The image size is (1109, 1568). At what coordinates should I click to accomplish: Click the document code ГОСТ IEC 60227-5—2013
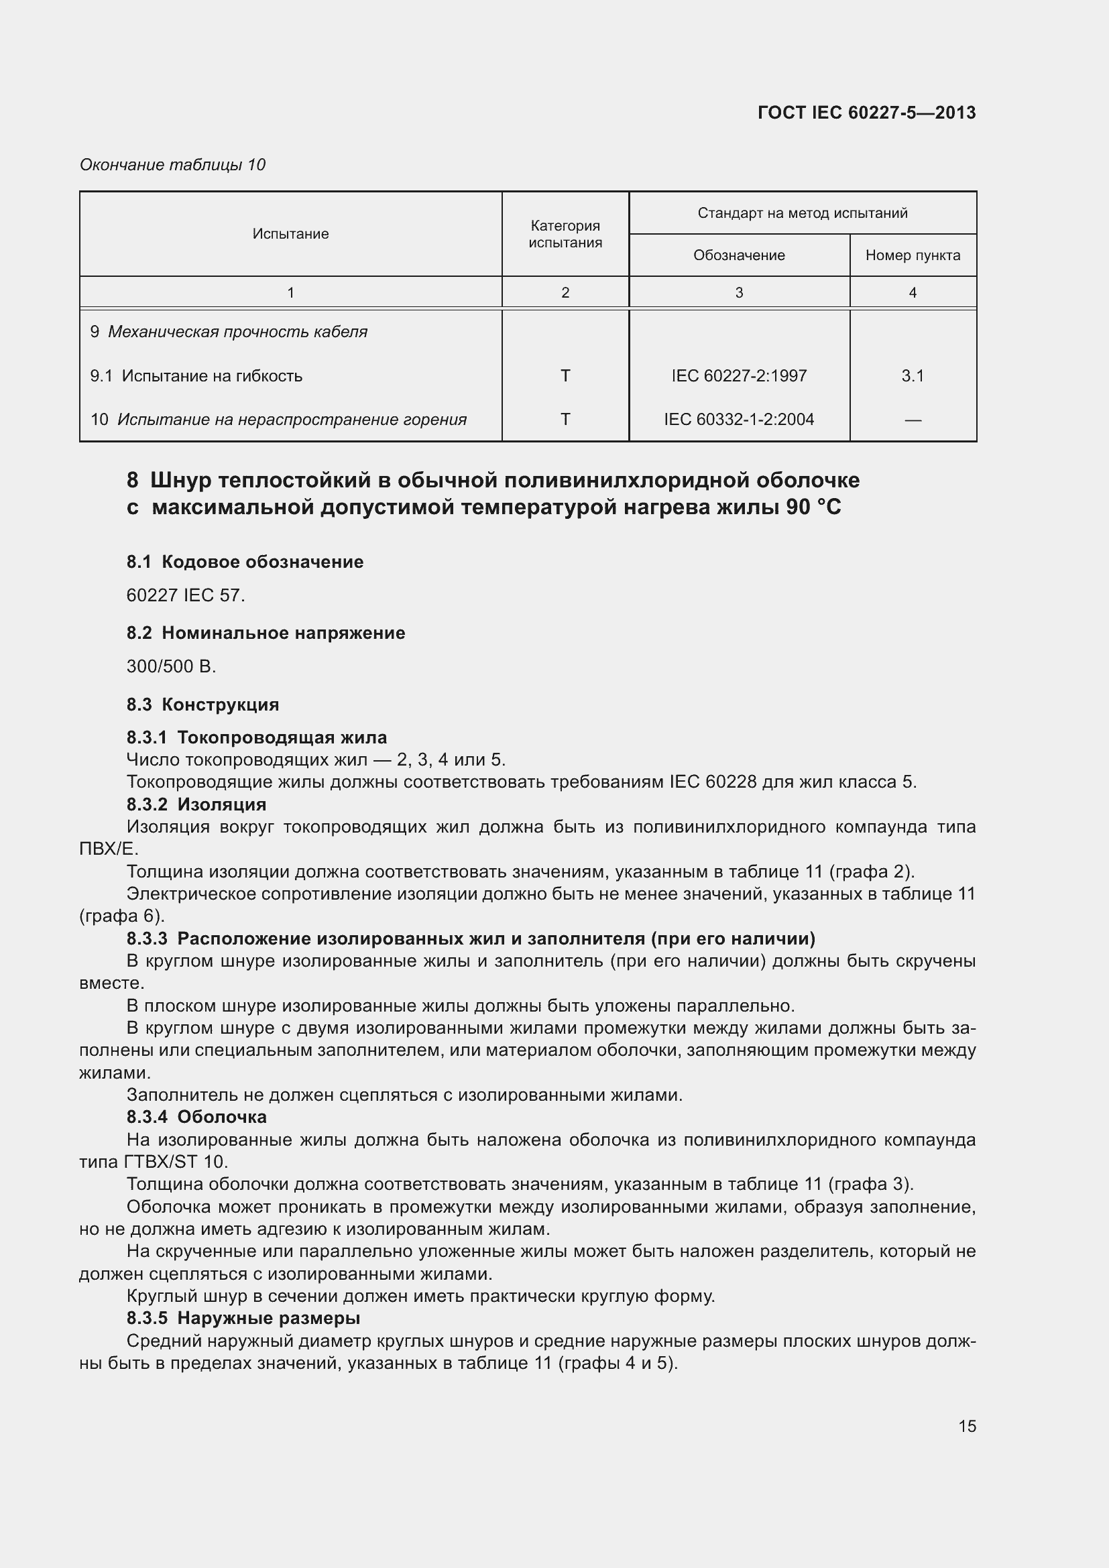pos(866,113)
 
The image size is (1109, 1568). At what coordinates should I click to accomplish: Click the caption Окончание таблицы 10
pos(172,165)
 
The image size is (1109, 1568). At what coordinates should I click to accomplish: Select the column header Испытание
pos(290,233)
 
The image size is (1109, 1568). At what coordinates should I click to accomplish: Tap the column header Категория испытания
pos(565,233)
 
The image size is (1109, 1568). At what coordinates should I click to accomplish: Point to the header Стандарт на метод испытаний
pos(802,213)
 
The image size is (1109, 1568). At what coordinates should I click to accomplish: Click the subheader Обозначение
pos(739,255)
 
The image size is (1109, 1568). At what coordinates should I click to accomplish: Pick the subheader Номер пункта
pos(913,255)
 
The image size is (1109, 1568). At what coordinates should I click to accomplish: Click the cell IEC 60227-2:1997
pos(739,375)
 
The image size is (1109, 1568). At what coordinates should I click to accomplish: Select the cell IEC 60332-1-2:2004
pos(739,419)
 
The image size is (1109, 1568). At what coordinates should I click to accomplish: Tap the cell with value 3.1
pos(913,375)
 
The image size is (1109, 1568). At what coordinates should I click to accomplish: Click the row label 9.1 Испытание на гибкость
pos(196,375)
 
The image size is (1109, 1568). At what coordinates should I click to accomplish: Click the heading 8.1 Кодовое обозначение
pos(245,561)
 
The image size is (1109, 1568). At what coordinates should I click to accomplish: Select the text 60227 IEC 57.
pos(185,595)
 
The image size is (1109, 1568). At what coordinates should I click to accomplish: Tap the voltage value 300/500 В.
pos(171,666)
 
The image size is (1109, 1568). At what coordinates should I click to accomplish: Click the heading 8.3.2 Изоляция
pos(196,804)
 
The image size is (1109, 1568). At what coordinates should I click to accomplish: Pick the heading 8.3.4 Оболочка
pos(196,1117)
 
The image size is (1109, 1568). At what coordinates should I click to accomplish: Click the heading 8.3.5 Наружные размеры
pos(243,1317)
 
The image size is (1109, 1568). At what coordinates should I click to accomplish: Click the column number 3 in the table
pos(739,292)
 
